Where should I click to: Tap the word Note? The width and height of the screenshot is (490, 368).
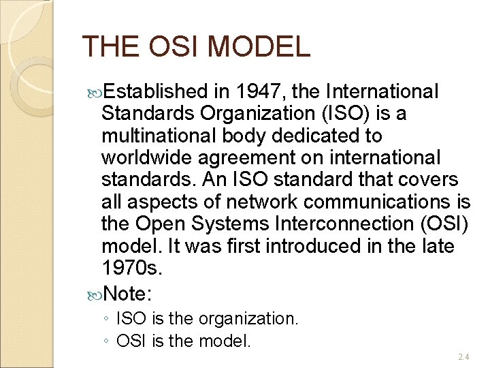[x=129, y=294]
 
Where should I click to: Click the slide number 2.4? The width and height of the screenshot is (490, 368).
[x=463, y=356]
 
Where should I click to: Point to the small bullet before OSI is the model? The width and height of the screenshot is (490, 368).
[x=107, y=340]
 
